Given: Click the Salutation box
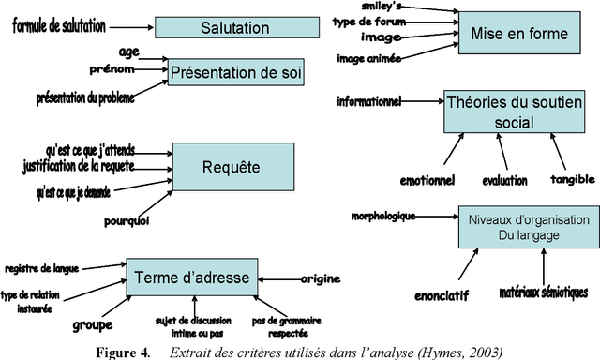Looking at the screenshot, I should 234,28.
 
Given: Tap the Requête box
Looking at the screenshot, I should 230,169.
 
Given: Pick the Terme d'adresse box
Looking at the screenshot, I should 191,277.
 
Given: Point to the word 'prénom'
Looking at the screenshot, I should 112,69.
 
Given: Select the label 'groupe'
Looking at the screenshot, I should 92,325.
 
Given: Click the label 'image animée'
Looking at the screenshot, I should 368,58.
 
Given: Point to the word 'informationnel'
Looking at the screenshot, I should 368,99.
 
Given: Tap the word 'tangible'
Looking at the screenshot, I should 572,179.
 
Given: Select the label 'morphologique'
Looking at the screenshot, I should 382,217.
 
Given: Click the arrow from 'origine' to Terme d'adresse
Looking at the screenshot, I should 277,278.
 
